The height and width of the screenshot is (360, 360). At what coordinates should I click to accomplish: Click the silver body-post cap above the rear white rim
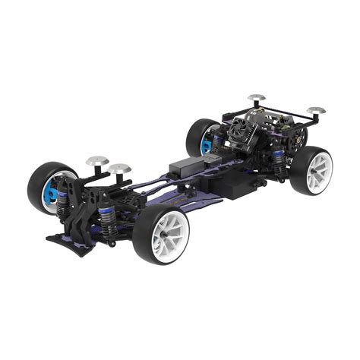click(x=317, y=110)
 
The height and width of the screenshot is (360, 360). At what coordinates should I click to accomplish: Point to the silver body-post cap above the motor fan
click(x=256, y=98)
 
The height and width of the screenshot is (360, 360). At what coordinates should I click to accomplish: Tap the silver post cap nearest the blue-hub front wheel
click(x=96, y=161)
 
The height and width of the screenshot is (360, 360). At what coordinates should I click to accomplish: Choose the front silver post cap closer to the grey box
click(x=121, y=166)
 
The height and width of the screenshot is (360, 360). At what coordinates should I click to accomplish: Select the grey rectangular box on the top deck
click(x=185, y=163)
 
